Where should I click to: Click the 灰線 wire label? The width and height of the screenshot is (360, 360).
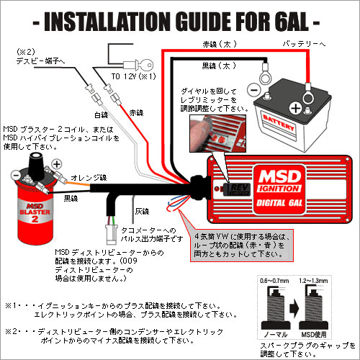point(143,213)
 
